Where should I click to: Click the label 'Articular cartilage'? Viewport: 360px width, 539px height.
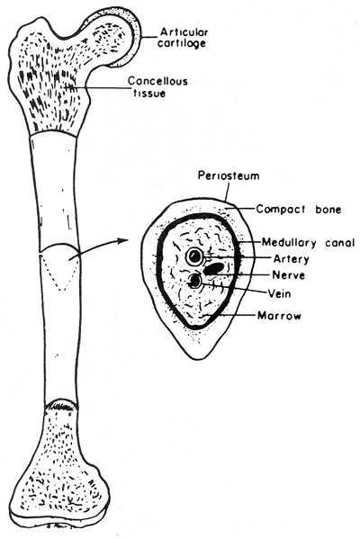183,38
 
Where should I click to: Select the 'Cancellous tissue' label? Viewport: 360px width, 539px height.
157,86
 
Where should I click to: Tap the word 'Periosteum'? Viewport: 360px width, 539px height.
229,175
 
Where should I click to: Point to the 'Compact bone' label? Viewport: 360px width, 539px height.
299,209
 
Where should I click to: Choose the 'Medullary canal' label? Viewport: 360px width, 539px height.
309,243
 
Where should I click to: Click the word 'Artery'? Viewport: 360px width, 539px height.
292,258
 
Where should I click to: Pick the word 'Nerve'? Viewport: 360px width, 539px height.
289,275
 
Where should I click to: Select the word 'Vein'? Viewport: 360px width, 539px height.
280,293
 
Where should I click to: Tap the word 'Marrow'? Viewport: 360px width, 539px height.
279,315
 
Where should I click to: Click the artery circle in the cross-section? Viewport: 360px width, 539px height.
194,256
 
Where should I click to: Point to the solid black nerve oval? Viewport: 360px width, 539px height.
214,269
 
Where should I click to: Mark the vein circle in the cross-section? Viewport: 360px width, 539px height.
195,281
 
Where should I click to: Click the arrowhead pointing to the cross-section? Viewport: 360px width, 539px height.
119,240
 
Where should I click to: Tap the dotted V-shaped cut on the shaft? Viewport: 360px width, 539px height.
61,275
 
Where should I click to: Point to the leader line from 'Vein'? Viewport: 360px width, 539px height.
234,288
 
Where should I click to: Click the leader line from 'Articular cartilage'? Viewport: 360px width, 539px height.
148,37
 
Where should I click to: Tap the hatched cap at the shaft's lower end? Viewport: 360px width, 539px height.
61,404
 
